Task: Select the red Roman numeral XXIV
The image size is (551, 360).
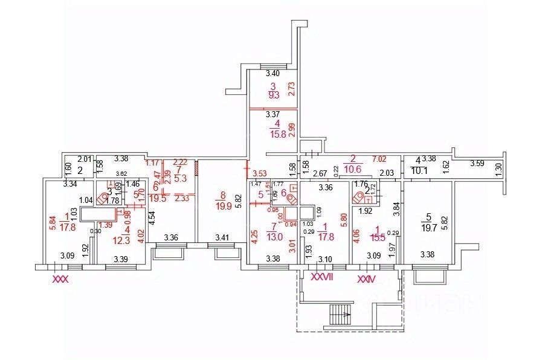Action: [366, 278]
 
